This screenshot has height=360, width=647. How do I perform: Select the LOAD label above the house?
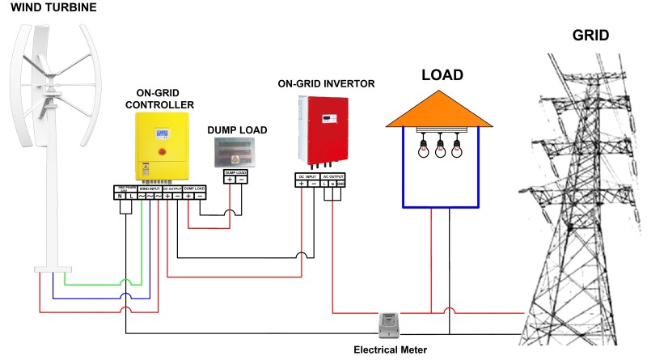coord(442,75)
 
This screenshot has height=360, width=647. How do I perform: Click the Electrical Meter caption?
coord(391,350)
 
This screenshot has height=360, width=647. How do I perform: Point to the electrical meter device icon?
coord(391,324)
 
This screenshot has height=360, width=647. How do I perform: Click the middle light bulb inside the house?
coord(440,147)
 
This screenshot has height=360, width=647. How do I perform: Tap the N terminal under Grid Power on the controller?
coord(120,195)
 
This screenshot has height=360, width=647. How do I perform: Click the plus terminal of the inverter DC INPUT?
coord(302,184)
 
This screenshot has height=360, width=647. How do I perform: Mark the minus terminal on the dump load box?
coord(241,180)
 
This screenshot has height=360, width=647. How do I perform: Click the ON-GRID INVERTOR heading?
coord(326,83)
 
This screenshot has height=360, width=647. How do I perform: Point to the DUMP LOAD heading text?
coord(237,129)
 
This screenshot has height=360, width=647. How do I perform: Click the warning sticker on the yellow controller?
coord(146,171)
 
